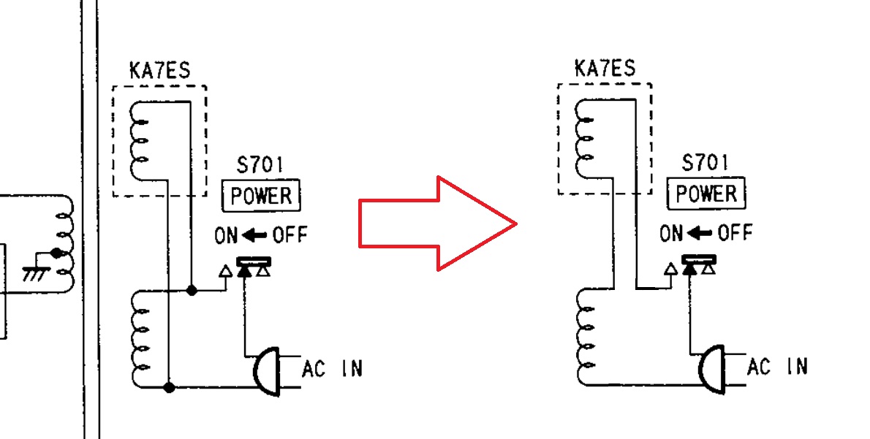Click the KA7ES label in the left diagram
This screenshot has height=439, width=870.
159,72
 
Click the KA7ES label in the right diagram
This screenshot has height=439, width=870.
605,69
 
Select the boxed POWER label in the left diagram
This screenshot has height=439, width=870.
262,196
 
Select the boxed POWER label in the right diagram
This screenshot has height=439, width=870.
706,194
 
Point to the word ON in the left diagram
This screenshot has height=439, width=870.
227,235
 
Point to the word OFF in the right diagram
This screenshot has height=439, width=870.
735,234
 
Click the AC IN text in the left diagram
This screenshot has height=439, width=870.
332,369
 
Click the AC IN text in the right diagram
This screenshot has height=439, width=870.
777,367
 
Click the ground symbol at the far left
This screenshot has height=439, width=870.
34,273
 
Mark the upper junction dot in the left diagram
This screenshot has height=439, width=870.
191,290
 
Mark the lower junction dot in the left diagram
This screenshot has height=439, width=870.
169,386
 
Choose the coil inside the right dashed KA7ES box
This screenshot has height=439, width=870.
585,137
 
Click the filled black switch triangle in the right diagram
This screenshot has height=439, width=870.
689,270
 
